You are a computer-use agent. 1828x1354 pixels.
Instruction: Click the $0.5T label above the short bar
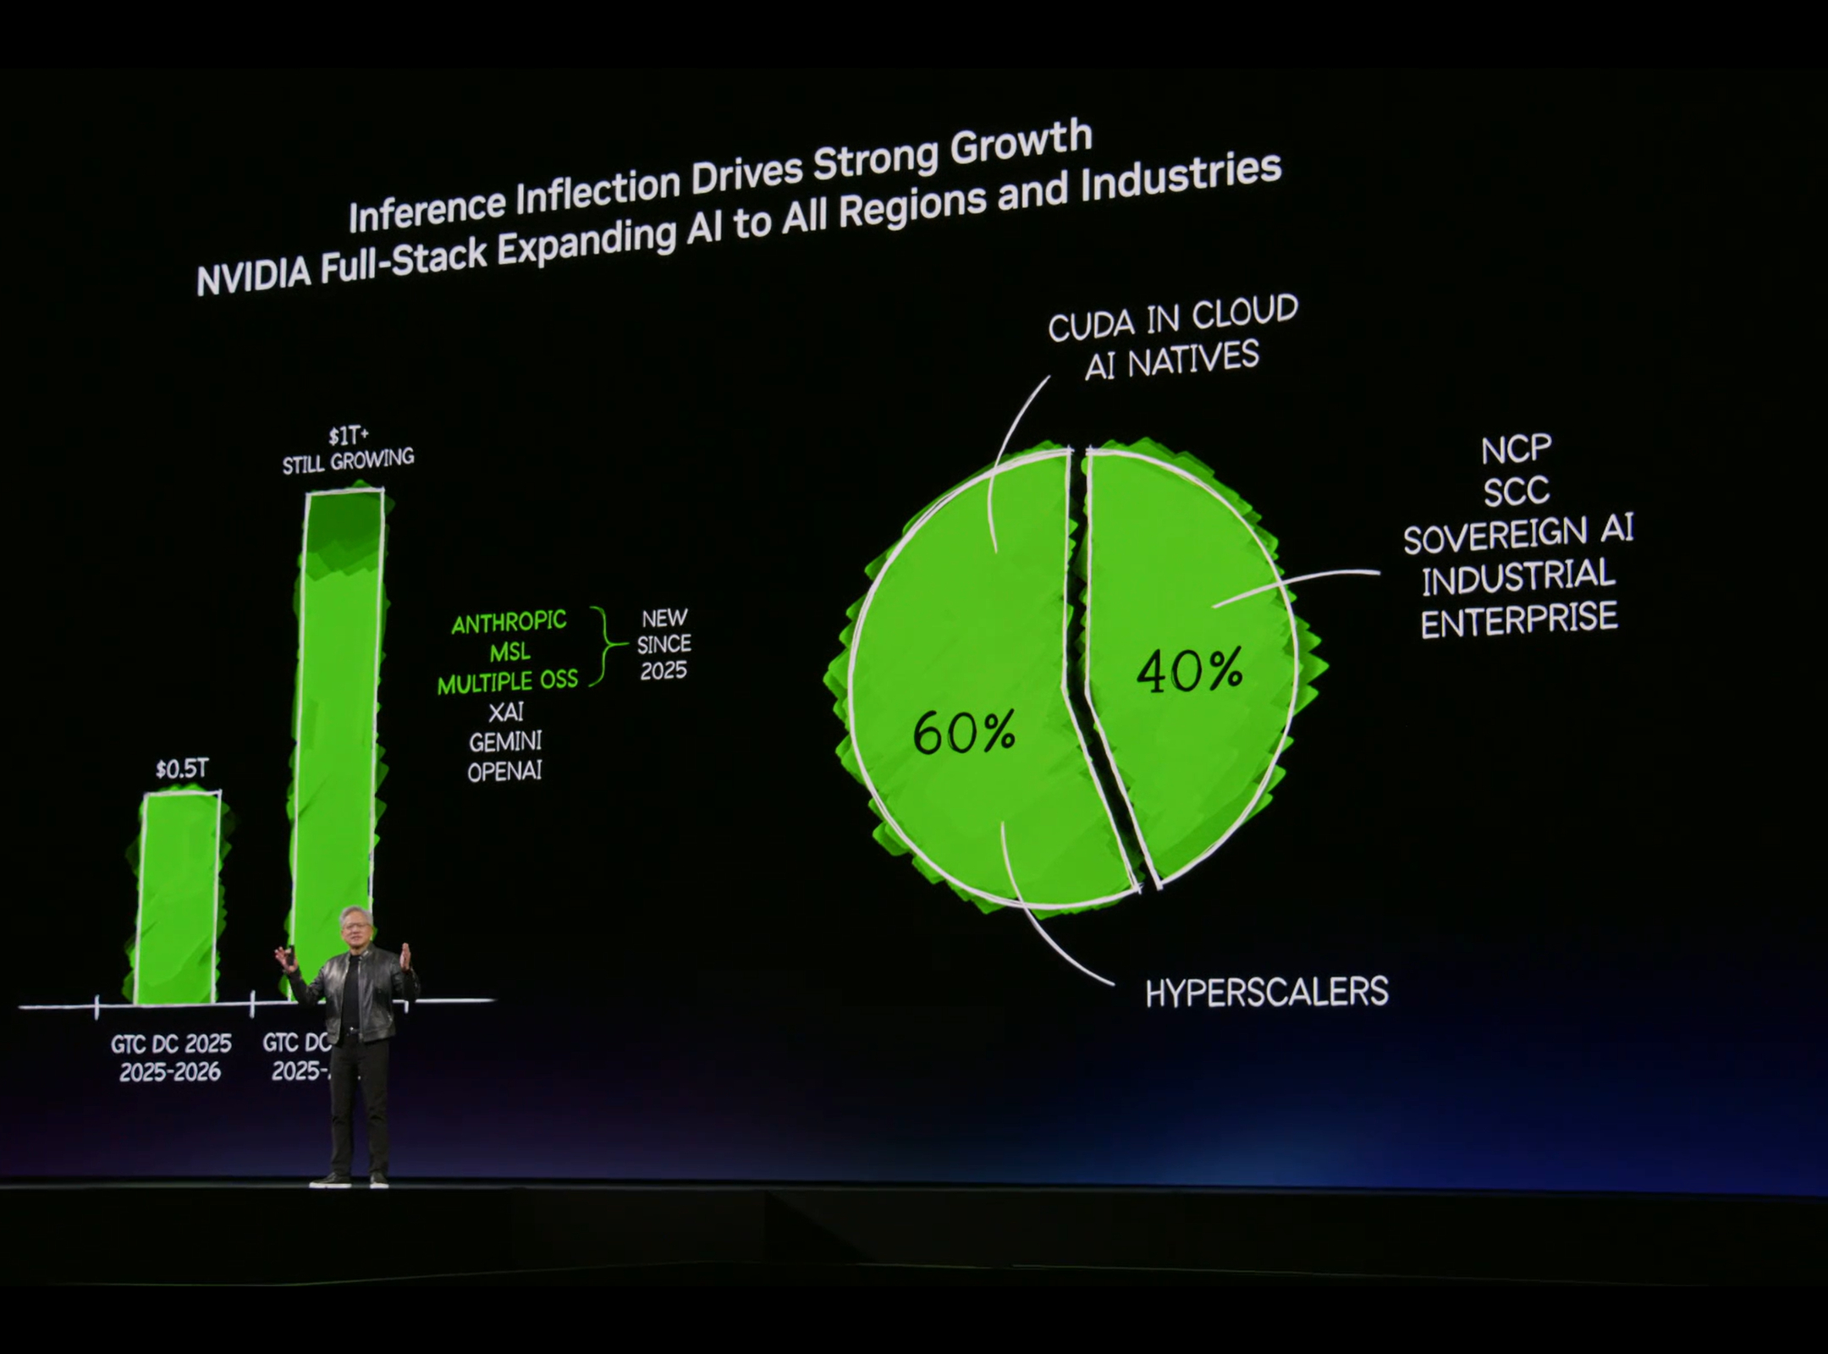click(181, 769)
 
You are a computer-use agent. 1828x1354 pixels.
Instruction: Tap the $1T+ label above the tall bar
click(348, 436)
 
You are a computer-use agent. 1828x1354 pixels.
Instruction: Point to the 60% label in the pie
click(964, 732)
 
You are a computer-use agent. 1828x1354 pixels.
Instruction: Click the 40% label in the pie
click(1189, 671)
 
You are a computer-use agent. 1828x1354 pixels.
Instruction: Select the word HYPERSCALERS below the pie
click(1266, 993)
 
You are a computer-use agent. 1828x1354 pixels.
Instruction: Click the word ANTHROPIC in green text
click(509, 623)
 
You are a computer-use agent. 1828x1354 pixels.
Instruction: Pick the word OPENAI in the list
click(505, 771)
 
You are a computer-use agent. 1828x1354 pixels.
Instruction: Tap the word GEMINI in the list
click(505, 741)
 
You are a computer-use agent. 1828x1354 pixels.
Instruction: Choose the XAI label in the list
click(506, 712)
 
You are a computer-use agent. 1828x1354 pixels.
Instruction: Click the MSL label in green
click(509, 652)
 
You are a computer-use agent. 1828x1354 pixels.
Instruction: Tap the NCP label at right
click(1516, 450)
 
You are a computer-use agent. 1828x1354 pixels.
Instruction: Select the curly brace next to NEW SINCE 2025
click(607, 646)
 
